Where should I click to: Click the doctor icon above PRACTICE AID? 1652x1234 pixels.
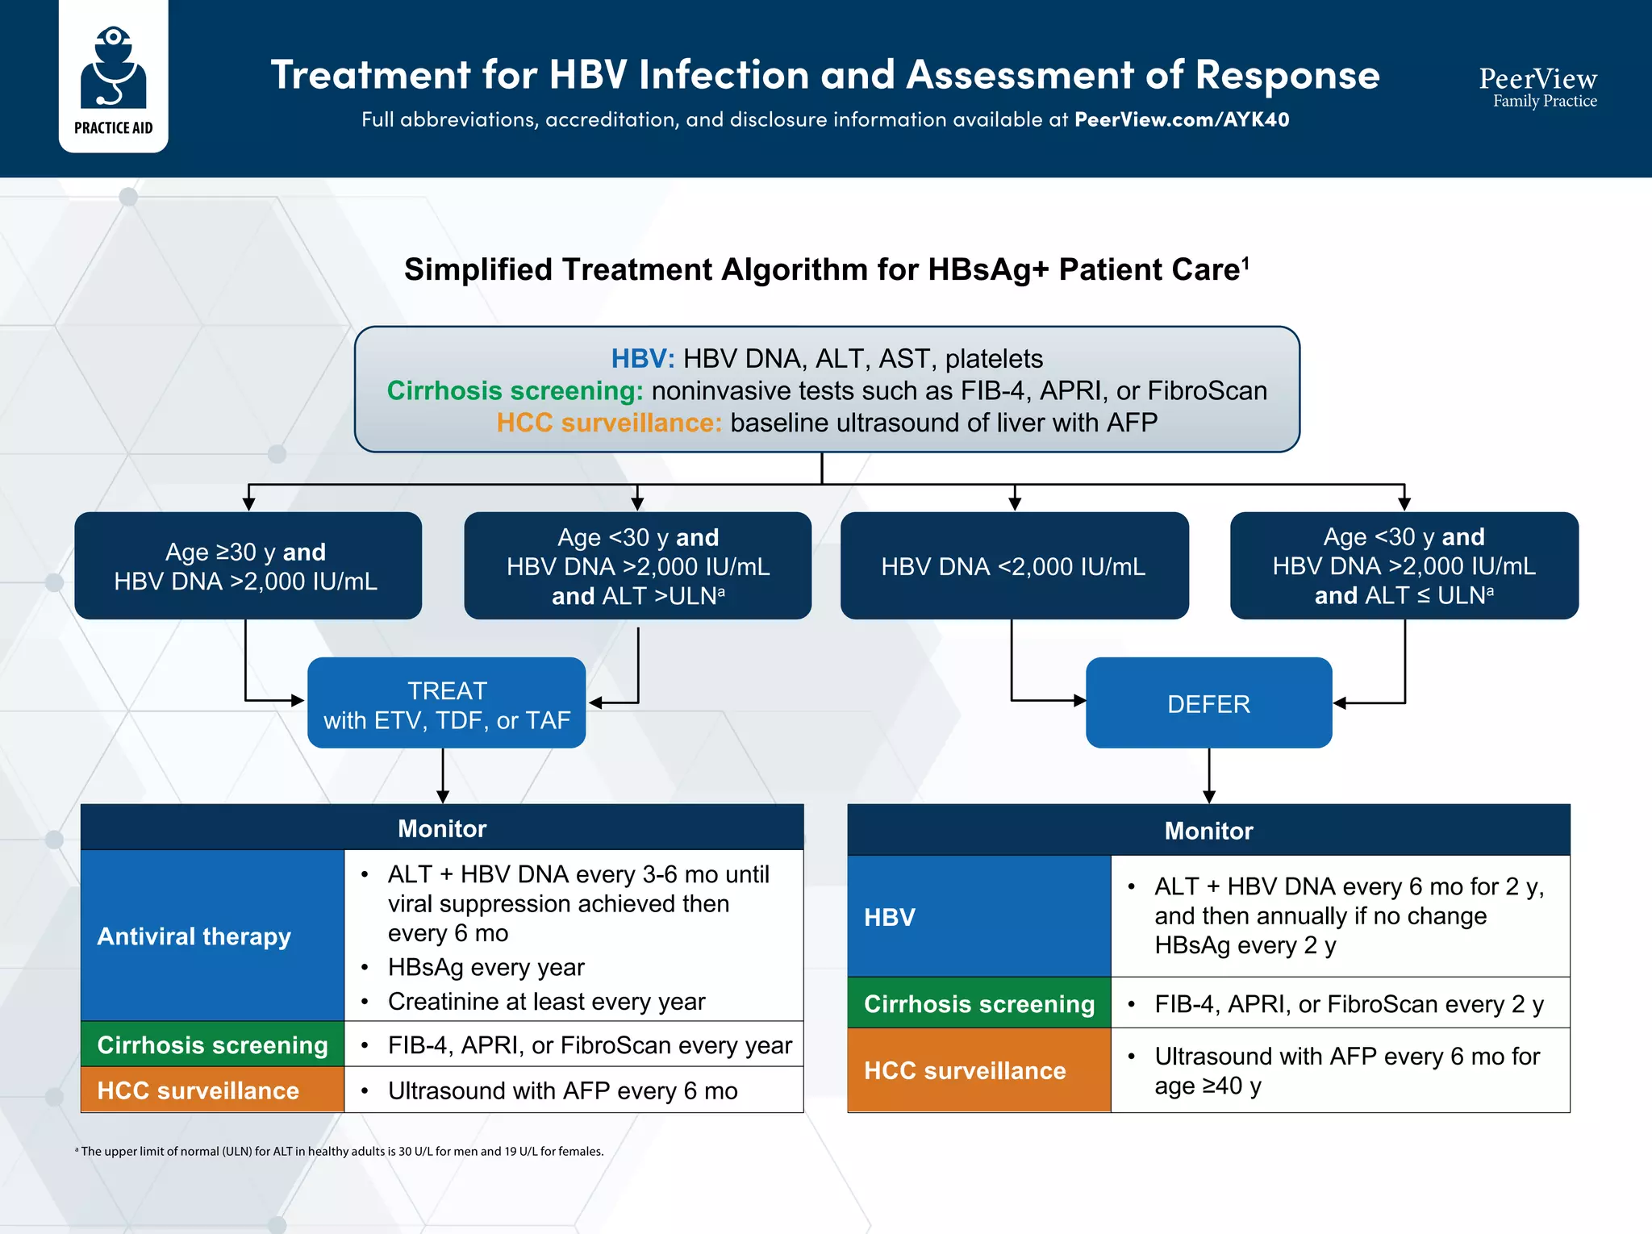click(113, 68)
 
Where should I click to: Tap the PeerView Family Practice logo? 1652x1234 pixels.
click(1537, 87)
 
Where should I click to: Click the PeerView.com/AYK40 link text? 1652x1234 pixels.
click(1181, 120)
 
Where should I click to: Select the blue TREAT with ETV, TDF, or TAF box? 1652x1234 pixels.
click(446, 703)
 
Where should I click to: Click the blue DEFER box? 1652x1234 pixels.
click(1208, 703)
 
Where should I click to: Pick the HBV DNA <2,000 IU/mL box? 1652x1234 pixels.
click(1013, 566)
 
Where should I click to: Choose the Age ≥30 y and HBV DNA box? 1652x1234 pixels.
click(247, 566)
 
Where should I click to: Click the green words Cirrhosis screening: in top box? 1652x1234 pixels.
click(515, 391)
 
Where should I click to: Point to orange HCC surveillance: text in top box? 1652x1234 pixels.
click(608, 423)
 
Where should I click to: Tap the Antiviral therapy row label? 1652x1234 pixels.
click(194, 936)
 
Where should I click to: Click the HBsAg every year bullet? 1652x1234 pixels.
click(486, 967)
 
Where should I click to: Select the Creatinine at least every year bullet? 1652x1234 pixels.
click(546, 1002)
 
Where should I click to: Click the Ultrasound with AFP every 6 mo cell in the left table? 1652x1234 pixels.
click(562, 1091)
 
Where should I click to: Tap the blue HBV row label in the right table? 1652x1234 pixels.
click(891, 918)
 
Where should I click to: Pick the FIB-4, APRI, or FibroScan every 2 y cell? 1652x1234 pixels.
click(1348, 1004)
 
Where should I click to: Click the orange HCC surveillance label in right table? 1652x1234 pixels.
click(965, 1071)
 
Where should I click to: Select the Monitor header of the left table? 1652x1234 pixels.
click(442, 828)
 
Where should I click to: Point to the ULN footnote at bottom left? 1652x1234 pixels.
click(339, 1152)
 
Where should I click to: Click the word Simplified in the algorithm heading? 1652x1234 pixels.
click(478, 270)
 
